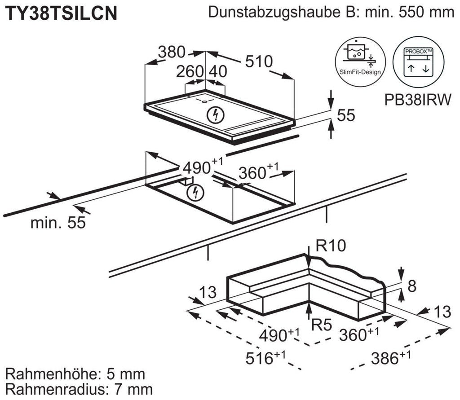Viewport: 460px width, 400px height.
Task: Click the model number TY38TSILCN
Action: point(61,13)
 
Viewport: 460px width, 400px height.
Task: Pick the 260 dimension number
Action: point(190,72)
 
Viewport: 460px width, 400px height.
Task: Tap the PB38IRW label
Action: point(417,100)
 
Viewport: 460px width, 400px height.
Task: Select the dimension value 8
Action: point(412,286)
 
